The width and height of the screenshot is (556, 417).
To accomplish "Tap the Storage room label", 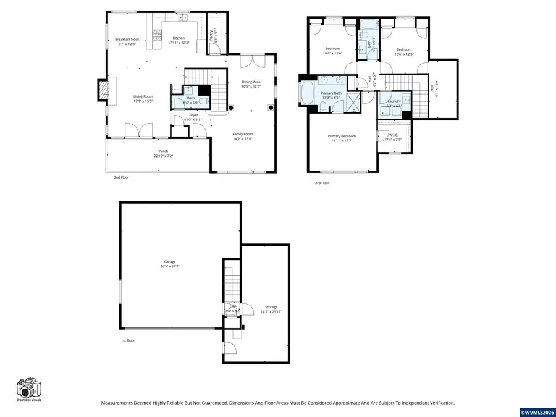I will pyautogui.click(x=271, y=307).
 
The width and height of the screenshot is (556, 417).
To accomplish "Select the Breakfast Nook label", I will pyautogui.click(x=127, y=40).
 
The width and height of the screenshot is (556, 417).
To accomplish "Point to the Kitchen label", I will pyautogui.click(x=179, y=38).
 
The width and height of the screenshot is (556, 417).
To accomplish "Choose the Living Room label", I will pyautogui.click(x=143, y=96).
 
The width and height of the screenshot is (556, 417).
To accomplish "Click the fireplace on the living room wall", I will pyautogui.click(x=103, y=90).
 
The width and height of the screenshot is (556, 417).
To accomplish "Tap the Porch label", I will pyautogui.click(x=163, y=151).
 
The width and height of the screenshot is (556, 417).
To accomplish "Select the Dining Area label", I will pyautogui.click(x=251, y=82).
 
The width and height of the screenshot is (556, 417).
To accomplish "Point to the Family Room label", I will pyautogui.click(x=242, y=134).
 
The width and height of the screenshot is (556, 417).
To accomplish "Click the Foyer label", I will pyautogui.click(x=193, y=115).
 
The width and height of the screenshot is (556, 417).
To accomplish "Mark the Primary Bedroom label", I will pyautogui.click(x=342, y=136).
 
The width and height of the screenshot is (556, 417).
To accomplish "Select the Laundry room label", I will pyautogui.click(x=394, y=101).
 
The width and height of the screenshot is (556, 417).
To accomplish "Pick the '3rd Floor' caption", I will pyautogui.click(x=322, y=183).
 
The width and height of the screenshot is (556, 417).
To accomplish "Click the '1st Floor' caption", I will pyautogui.click(x=128, y=340).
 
